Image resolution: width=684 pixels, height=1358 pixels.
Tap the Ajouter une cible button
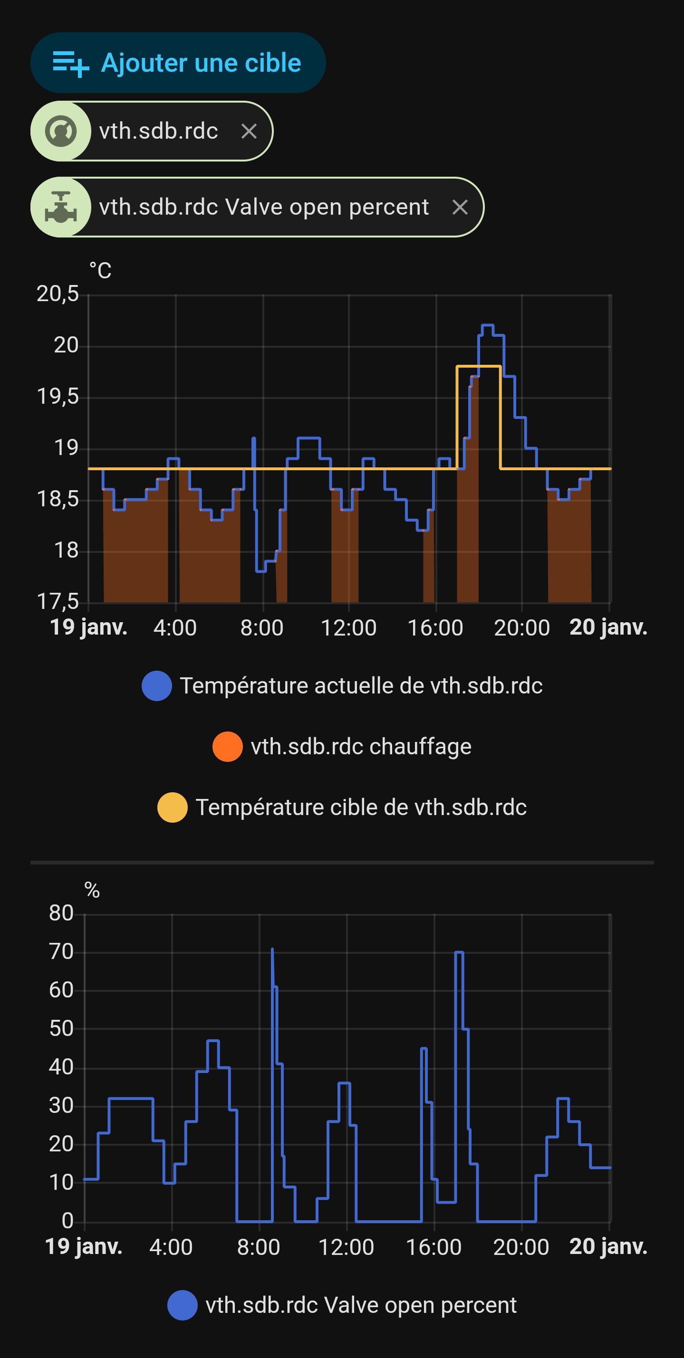[178, 63]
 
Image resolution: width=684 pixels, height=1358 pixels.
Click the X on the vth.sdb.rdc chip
[249, 131]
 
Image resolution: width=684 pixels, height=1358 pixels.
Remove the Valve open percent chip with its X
[460, 207]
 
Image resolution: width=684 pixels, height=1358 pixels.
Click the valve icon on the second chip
[61, 207]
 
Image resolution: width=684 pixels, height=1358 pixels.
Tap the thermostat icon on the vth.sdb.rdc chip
[61, 131]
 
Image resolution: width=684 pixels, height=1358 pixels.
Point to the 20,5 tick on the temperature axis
[58, 294]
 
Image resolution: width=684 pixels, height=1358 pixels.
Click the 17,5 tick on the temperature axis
[58, 601]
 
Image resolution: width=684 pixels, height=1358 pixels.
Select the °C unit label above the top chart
[100, 271]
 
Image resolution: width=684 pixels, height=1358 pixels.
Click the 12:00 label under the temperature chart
[348, 628]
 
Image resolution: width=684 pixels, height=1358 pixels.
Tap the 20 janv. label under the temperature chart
[608, 627]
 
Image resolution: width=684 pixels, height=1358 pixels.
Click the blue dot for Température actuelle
[157, 686]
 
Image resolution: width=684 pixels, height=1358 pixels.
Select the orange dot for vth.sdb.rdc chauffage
[227, 747]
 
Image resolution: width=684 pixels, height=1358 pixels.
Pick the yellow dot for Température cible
[173, 807]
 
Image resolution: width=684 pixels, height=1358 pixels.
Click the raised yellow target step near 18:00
[478, 366]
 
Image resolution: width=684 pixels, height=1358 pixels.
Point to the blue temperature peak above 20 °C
[487, 326]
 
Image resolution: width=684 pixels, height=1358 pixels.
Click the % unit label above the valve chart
[92, 891]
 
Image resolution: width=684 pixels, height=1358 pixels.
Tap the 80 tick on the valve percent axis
[61, 913]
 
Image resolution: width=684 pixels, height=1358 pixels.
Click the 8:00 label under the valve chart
[259, 1247]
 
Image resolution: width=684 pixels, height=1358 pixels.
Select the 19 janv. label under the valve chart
[84, 1247]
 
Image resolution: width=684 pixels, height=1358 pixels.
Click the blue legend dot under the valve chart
[183, 1305]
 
